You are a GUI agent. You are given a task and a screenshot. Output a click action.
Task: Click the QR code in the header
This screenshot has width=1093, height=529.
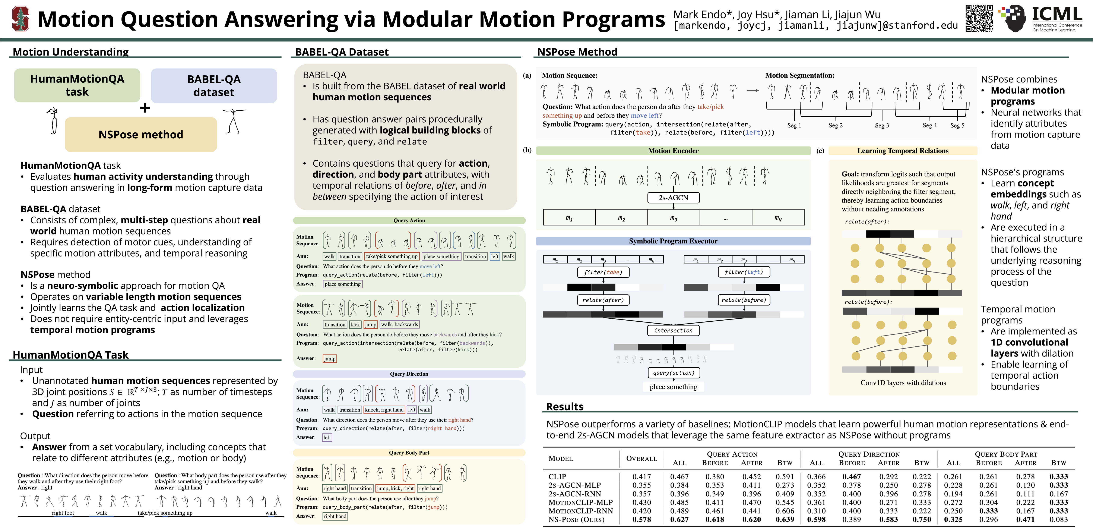coord(979,19)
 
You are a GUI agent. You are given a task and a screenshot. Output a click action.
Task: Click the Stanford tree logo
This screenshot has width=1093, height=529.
coord(20,19)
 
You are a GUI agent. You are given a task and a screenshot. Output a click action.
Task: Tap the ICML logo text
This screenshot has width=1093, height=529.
coord(1056,15)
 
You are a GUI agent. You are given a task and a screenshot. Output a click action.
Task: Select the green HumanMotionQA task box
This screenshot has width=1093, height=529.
coord(77,85)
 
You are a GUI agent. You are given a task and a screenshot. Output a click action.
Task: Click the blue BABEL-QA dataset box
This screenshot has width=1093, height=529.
coord(214,86)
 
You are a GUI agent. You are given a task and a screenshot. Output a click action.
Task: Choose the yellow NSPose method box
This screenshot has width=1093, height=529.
coord(141,135)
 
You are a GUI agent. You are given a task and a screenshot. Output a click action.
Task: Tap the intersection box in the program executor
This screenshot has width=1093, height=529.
coord(673,330)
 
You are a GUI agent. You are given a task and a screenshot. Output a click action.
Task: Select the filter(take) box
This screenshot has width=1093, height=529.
coord(603,272)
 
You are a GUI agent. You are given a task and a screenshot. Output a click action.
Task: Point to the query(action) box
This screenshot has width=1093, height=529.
coord(673,373)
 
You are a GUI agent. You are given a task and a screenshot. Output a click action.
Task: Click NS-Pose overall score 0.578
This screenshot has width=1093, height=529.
coord(641,519)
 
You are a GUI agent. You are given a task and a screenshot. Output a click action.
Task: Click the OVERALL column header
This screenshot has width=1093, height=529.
coord(641,459)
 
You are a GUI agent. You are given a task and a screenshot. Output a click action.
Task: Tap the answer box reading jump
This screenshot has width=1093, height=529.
coord(330,359)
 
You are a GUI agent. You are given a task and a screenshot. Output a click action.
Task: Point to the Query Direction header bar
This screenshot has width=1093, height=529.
coord(409,374)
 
